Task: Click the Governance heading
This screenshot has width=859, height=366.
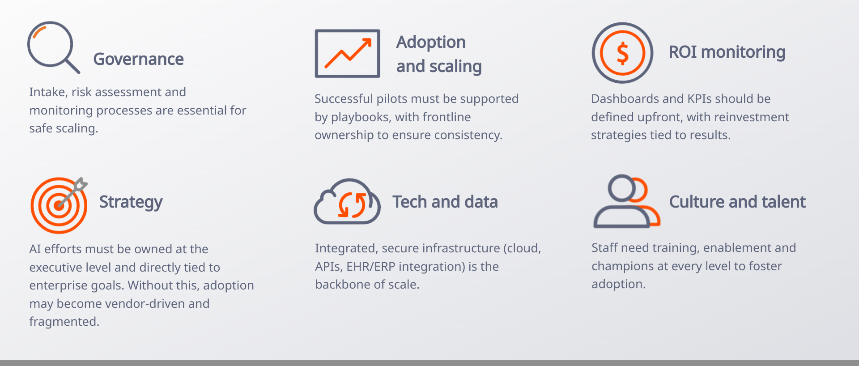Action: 138,59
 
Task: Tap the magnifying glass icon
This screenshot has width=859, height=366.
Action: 51,46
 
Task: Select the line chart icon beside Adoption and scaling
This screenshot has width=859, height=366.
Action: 347,54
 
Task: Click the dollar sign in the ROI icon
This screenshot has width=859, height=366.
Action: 622,53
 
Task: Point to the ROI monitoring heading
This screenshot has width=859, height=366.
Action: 727,52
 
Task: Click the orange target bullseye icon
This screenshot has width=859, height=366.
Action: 59,205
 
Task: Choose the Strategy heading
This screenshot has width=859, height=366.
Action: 131,202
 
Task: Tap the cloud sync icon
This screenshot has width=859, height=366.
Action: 347,202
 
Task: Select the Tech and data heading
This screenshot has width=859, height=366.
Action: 445,202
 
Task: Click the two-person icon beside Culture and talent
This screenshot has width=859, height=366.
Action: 626,202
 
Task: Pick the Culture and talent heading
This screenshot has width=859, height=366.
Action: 737,202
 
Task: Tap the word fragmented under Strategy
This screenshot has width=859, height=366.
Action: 64,322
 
